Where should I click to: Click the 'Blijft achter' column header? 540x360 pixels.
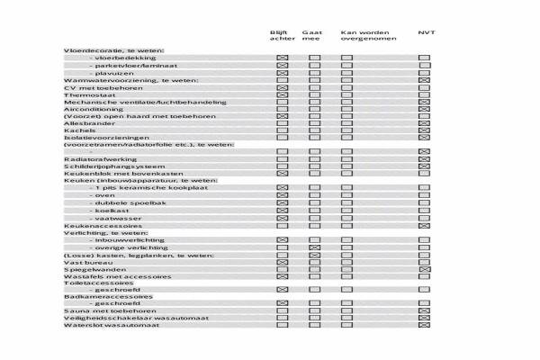(x=280, y=36)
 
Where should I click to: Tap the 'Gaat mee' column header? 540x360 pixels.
(x=312, y=36)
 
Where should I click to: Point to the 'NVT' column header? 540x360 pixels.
(x=426, y=32)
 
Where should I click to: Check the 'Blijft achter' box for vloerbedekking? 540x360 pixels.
(x=282, y=58)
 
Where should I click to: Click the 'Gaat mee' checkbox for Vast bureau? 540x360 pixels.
(x=315, y=262)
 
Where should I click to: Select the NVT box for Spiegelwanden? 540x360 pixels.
(x=425, y=269)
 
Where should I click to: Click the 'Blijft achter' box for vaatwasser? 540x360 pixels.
(x=282, y=218)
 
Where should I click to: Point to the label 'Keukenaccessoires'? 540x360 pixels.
(x=94, y=225)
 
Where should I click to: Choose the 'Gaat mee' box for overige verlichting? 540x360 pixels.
(x=315, y=247)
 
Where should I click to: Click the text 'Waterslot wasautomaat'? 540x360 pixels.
(x=112, y=325)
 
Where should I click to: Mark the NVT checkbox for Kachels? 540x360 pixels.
(x=425, y=130)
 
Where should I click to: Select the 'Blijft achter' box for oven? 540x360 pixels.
(x=282, y=195)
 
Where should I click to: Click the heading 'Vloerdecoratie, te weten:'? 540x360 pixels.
(x=112, y=51)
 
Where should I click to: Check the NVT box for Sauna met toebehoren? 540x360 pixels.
(x=425, y=310)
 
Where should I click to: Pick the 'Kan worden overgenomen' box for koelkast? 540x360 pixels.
(x=346, y=211)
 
